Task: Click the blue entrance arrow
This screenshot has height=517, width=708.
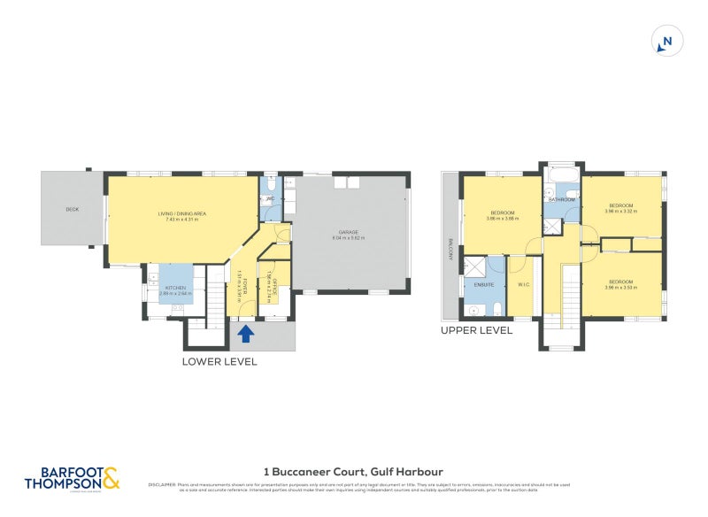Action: tap(245, 334)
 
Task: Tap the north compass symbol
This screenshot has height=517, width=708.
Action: tap(667, 42)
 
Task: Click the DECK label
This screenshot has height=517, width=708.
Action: tap(73, 210)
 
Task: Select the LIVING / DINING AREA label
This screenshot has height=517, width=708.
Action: tap(181, 213)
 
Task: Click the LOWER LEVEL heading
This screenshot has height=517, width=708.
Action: tap(219, 361)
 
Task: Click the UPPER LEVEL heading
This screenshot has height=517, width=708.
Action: tap(476, 330)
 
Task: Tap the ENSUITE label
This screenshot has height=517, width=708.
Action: tap(484, 285)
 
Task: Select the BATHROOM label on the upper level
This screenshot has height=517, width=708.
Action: tap(561, 200)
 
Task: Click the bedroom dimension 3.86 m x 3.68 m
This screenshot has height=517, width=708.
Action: tap(504, 219)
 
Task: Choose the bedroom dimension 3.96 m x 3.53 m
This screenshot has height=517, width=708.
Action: tap(621, 288)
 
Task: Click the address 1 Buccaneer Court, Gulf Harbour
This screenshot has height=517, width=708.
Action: tap(354, 472)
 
